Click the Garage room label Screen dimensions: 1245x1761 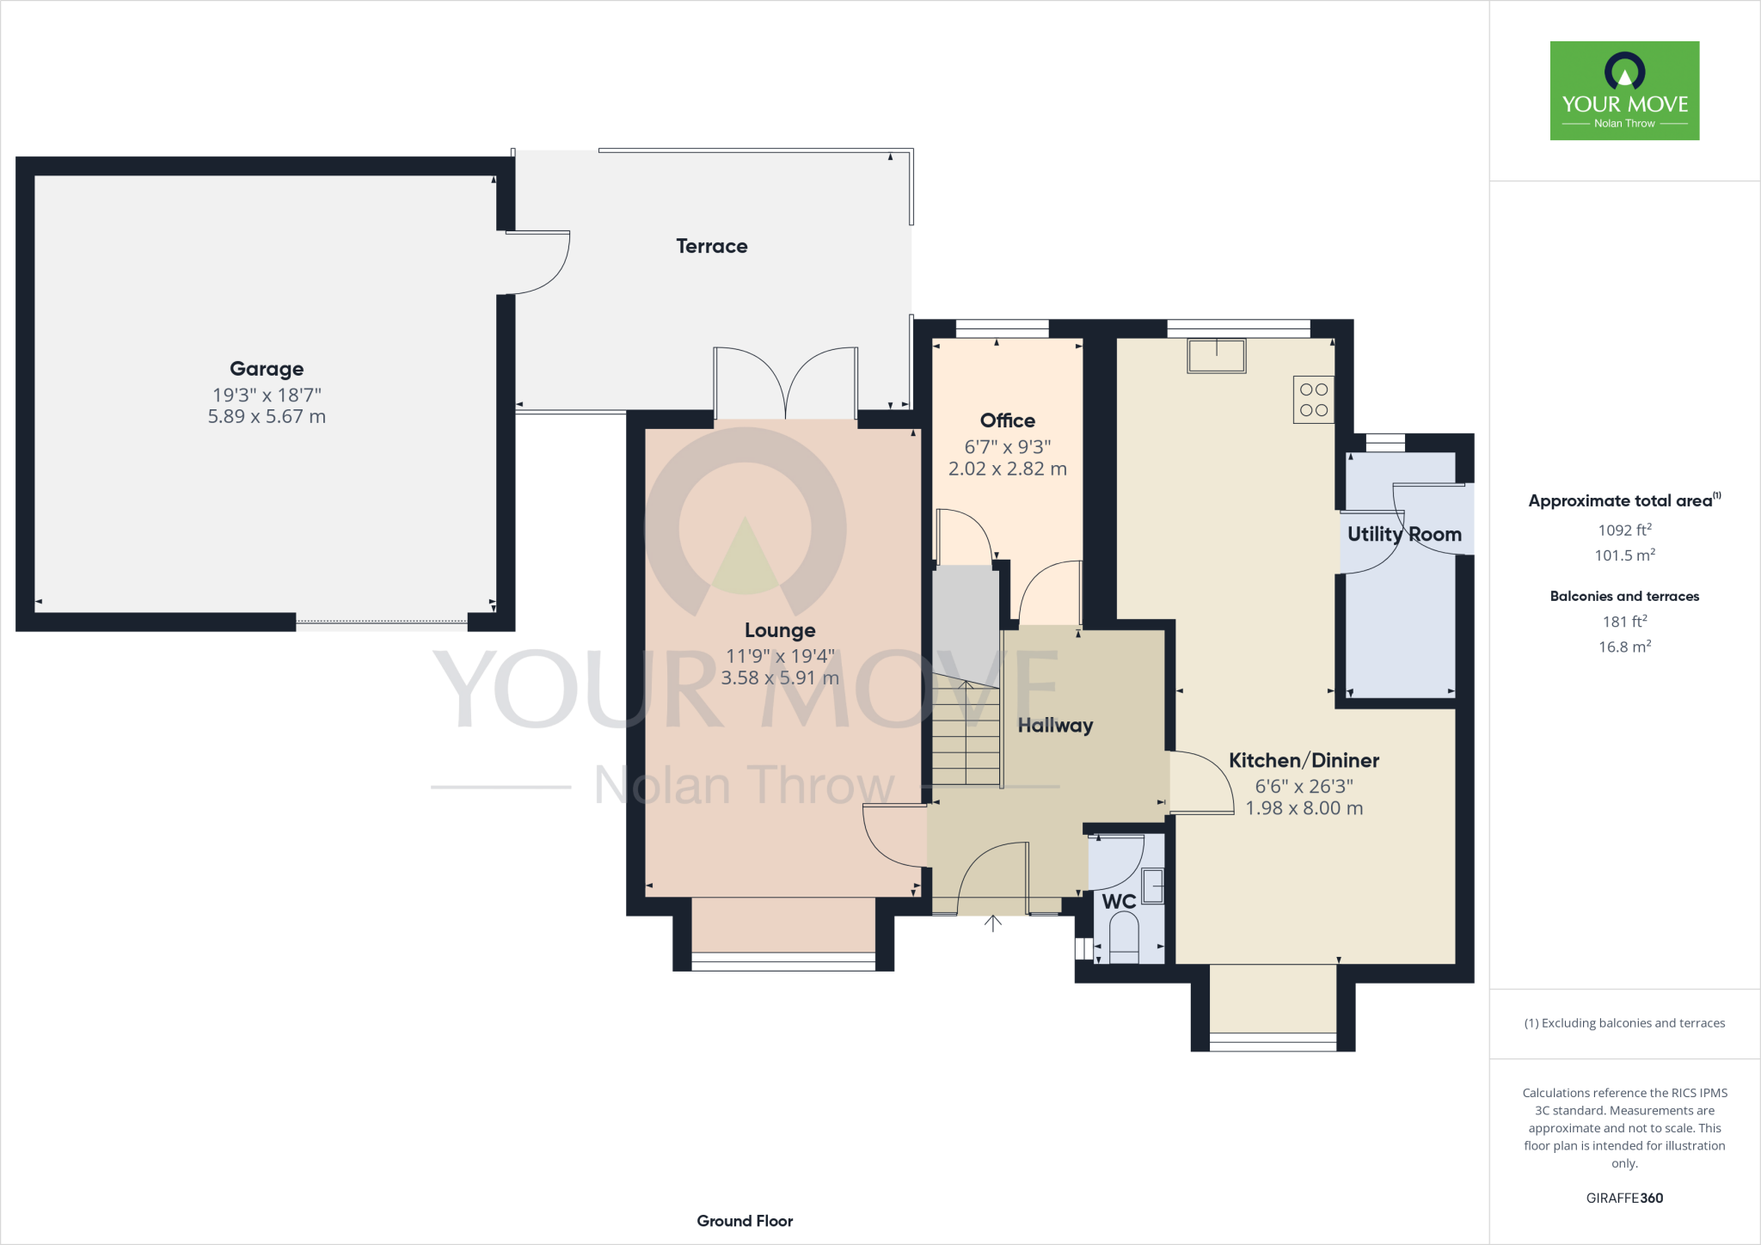click(267, 369)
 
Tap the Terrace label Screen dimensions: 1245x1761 click(711, 247)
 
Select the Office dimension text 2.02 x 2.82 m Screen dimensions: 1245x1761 click(1007, 469)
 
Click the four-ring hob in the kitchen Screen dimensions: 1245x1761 click(1313, 400)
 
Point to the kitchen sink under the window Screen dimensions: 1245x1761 click(1216, 355)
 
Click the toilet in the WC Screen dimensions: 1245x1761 click(1124, 937)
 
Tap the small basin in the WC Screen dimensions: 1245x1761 click(1153, 886)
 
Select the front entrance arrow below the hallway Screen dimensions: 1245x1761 click(993, 923)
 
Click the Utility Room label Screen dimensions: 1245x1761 click(1404, 535)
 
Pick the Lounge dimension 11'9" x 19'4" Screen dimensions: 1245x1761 click(780, 656)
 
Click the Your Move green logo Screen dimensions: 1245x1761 click(1624, 90)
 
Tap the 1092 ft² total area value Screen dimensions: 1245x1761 click(1624, 531)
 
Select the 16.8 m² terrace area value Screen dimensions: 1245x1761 click(1624, 647)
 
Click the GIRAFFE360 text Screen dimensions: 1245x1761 click(1624, 1198)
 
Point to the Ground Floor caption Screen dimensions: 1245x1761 click(745, 1221)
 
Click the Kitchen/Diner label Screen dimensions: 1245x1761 click(1304, 761)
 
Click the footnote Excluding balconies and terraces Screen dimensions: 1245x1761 click(1624, 1023)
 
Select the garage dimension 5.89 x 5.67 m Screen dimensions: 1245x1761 click(267, 417)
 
